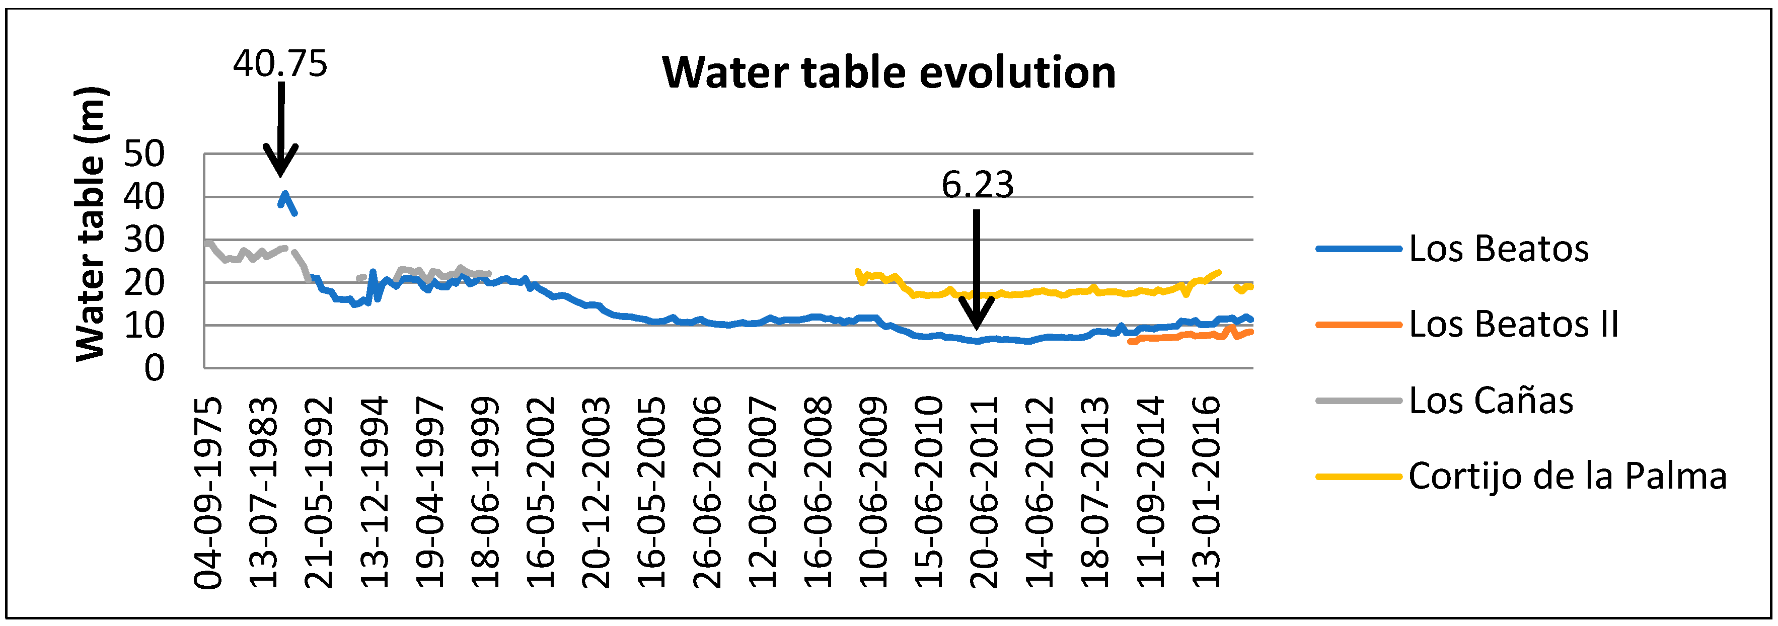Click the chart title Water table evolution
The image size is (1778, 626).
point(888,72)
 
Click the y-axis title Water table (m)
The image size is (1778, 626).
point(91,224)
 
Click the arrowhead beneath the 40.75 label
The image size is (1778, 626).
point(280,162)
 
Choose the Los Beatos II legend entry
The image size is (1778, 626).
point(1513,325)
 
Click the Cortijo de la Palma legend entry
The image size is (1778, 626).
point(1567,476)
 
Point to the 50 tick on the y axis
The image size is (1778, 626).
point(144,154)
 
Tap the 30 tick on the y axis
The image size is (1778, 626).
point(144,240)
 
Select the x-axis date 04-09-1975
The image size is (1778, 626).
point(208,492)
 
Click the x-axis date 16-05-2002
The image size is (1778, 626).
point(541,492)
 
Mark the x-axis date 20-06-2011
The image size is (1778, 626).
point(984,492)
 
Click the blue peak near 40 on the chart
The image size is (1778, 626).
point(284,195)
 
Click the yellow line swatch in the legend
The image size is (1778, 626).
point(1358,476)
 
